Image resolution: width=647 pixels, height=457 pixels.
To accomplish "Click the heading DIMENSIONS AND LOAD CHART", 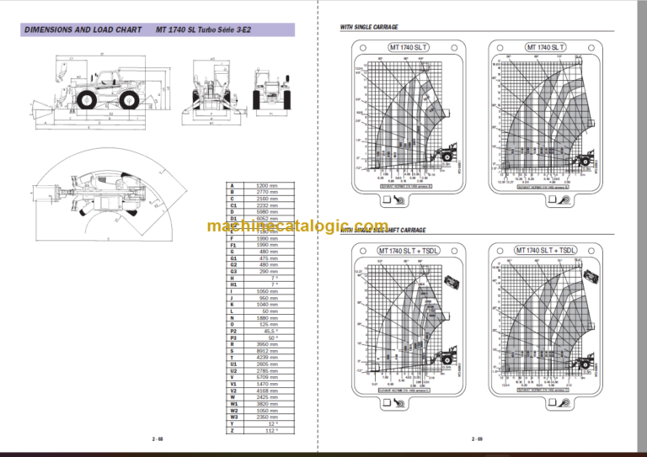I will pos(83,30).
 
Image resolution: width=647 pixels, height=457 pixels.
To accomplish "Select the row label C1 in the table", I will pos(231,205).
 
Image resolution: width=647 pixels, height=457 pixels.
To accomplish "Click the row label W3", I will pos(231,416).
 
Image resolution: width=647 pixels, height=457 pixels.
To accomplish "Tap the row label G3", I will pos(231,271).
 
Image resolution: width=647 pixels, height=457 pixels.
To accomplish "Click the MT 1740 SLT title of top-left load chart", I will pos(407,48).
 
